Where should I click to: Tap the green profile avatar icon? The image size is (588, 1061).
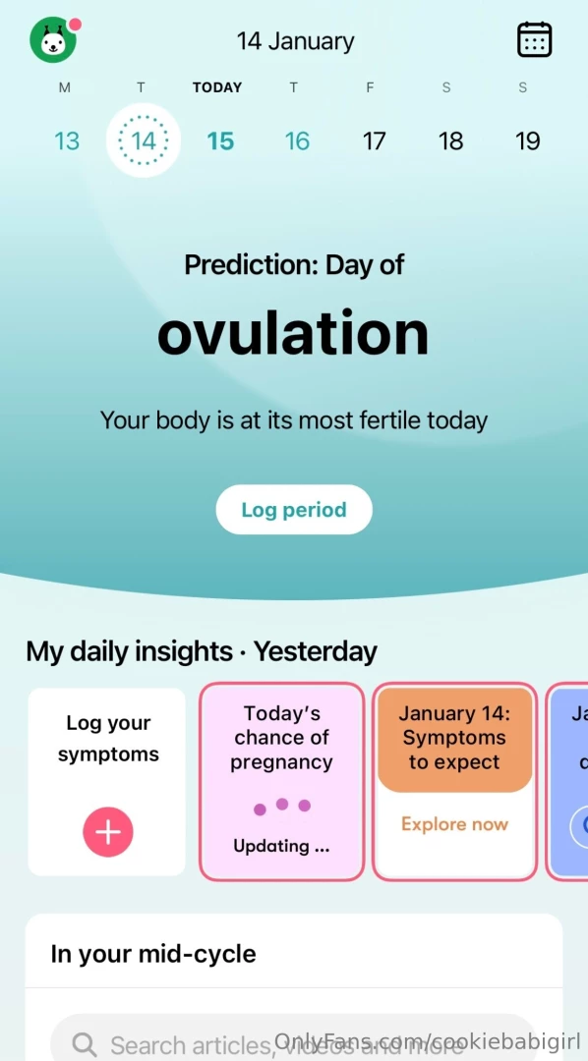[x=53, y=40]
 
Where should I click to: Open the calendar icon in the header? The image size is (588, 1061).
[x=534, y=39]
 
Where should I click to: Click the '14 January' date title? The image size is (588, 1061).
[x=295, y=41]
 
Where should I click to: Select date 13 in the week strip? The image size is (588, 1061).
[x=67, y=141]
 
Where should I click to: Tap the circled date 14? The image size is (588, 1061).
[x=144, y=140]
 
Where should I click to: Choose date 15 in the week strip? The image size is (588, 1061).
[x=220, y=141]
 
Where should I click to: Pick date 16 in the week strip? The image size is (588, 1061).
[x=297, y=141]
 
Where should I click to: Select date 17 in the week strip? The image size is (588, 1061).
[x=374, y=141]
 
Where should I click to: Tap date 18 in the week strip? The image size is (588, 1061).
[x=450, y=141]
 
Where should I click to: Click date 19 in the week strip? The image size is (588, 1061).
[x=527, y=141]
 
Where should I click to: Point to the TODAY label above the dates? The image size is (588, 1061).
[x=217, y=87]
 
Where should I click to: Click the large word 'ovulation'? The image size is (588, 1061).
[x=293, y=334]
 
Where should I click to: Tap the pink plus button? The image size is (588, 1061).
[x=107, y=833]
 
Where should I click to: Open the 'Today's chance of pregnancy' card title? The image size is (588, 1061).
[x=281, y=738]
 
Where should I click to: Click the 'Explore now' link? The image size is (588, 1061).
[x=454, y=824]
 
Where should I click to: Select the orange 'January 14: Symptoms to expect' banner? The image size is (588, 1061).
[x=454, y=738]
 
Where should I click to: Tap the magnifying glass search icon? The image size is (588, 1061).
[x=86, y=1043]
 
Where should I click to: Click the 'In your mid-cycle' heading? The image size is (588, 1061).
[x=153, y=954]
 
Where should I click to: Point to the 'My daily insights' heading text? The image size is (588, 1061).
[x=129, y=651]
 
